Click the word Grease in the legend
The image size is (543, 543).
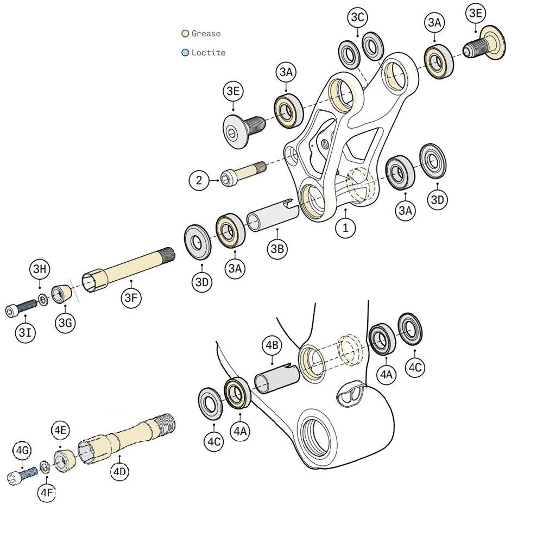pos(206,34)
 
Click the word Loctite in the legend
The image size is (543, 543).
pos(208,53)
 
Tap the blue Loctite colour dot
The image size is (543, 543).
pos(185,53)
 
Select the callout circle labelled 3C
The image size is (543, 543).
pos(358,17)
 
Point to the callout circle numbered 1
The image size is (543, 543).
pos(345,228)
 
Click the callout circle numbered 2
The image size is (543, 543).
pos(199,180)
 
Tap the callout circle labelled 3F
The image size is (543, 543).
pos(132,297)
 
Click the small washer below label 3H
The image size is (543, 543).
pos(42,298)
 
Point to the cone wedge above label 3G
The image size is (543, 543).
pos(61,293)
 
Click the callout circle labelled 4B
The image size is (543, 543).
pos(271,345)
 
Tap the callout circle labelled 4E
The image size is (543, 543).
pos(61,430)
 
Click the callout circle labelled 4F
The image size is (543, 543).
pos(46,493)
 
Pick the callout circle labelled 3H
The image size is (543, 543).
pos(40,269)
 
